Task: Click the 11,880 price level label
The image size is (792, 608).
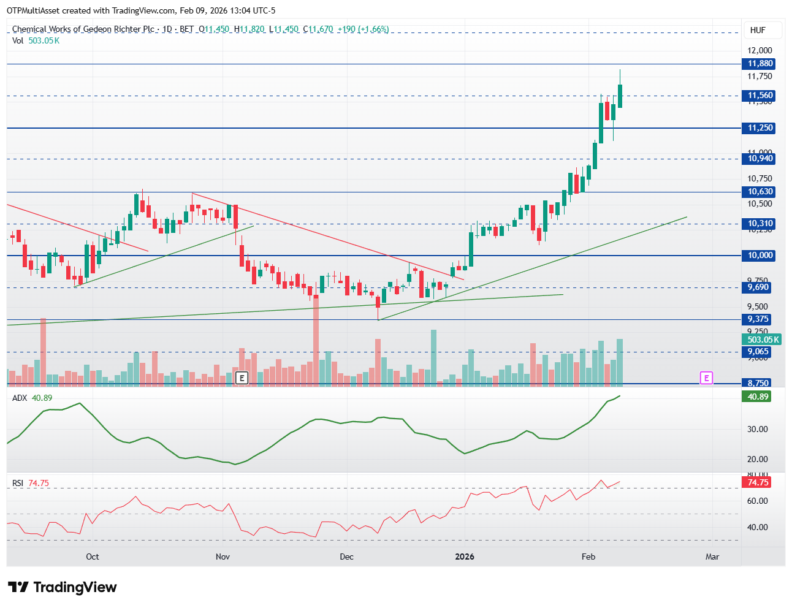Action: point(760,64)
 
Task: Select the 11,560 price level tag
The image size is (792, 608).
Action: point(760,96)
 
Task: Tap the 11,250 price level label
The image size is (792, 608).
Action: point(760,128)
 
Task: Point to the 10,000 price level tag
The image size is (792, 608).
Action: point(760,256)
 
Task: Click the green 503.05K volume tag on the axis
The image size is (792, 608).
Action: point(762,340)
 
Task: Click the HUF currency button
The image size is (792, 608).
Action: point(758,30)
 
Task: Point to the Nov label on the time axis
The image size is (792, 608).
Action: point(223,557)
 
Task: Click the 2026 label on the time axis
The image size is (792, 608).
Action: point(464,557)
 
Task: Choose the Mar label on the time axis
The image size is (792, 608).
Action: point(712,557)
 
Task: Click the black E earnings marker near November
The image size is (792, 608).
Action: point(242,378)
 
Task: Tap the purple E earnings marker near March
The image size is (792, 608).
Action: point(706,378)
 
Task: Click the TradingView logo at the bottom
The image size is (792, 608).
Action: point(62,587)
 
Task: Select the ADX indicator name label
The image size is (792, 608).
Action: point(20,398)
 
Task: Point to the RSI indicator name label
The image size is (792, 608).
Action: point(18,483)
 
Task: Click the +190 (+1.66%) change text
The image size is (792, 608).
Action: point(363,29)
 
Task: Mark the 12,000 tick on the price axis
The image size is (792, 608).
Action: point(760,50)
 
